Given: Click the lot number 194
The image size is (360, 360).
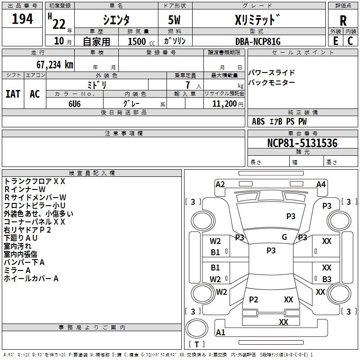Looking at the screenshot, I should pos(22,19).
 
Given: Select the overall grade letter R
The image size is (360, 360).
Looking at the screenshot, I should pos(343,21).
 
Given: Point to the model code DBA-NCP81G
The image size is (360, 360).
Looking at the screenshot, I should pos(258,41).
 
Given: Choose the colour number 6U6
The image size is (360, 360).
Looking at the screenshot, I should pos(75,103).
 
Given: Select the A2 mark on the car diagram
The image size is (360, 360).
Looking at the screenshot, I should pos(220,184).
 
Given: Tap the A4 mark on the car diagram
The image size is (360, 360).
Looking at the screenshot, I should pos(321,184).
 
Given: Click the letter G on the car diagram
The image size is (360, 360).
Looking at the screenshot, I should pos(284,237).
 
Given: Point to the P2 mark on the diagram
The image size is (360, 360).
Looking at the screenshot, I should pos(254,300).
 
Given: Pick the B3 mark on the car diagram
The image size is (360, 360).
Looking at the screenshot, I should pos(327,279).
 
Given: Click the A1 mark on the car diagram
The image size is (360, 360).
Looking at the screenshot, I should pos(220,333).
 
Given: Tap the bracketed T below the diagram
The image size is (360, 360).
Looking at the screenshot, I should pos(197,344).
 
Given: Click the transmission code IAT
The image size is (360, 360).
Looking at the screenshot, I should pos(13,94).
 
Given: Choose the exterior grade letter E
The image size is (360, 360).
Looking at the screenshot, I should pos(335,41).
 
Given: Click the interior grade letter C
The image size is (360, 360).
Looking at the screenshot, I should pos(350,41).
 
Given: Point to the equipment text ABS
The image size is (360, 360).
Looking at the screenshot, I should pos(258,121).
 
